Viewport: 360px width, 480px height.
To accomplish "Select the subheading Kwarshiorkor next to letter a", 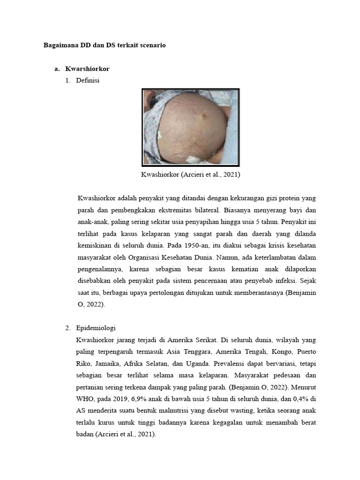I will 87,68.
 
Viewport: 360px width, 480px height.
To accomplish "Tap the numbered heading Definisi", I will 87,80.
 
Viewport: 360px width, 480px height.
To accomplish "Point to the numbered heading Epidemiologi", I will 95,327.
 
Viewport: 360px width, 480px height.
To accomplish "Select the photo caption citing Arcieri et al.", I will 190,174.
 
